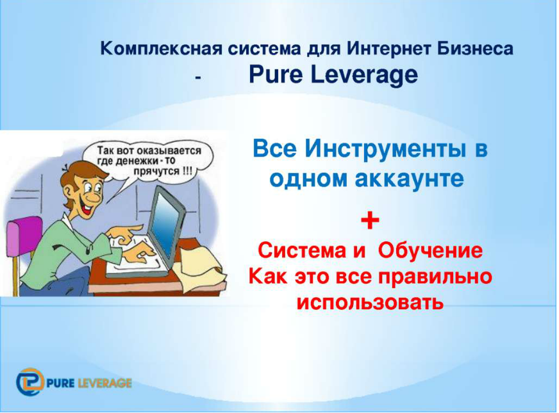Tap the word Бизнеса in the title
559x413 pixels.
point(475,48)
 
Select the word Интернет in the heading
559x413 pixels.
point(389,48)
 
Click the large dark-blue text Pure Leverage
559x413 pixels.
point(333,75)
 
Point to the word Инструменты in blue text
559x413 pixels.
point(385,150)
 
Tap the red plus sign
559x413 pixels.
point(370,220)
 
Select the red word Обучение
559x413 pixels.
point(430,250)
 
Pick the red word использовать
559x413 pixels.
point(370,303)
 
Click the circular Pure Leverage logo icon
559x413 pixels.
point(30,382)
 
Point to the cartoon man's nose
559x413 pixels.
point(94,196)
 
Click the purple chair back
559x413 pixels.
point(22,238)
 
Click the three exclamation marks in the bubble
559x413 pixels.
point(187,171)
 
